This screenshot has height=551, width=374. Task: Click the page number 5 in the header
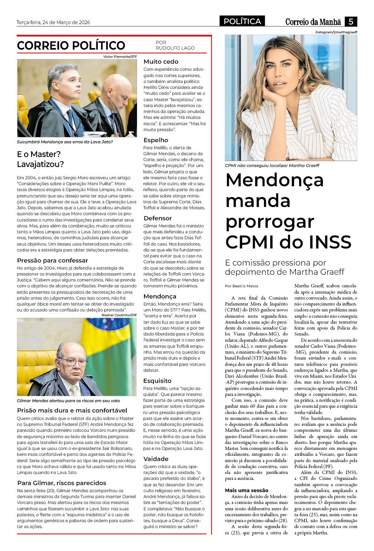click(351, 21)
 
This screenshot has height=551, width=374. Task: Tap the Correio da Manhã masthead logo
click(313, 22)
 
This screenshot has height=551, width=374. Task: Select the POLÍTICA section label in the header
click(242, 21)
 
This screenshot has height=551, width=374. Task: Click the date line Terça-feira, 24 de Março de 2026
click(53, 22)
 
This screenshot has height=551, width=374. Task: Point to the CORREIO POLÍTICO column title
click(71, 46)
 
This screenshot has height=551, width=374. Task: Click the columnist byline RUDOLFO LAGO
click(175, 48)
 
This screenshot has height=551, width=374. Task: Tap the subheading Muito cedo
click(161, 62)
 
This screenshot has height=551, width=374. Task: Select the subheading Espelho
click(156, 140)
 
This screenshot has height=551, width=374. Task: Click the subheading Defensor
click(157, 218)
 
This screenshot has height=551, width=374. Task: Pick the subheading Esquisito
click(157, 381)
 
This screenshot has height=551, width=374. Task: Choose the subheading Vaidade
click(156, 459)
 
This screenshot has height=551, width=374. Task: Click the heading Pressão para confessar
click(52, 260)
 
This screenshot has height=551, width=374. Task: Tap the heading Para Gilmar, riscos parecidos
click(61, 483)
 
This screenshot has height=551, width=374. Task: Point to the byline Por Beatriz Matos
click(241, 286)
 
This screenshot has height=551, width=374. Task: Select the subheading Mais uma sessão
click(246, 490)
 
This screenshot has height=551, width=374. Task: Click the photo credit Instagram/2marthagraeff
click(336, 32)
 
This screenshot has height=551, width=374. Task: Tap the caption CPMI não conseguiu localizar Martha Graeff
click(272, 166)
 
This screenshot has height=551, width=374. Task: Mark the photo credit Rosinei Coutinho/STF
click(119, 315)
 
